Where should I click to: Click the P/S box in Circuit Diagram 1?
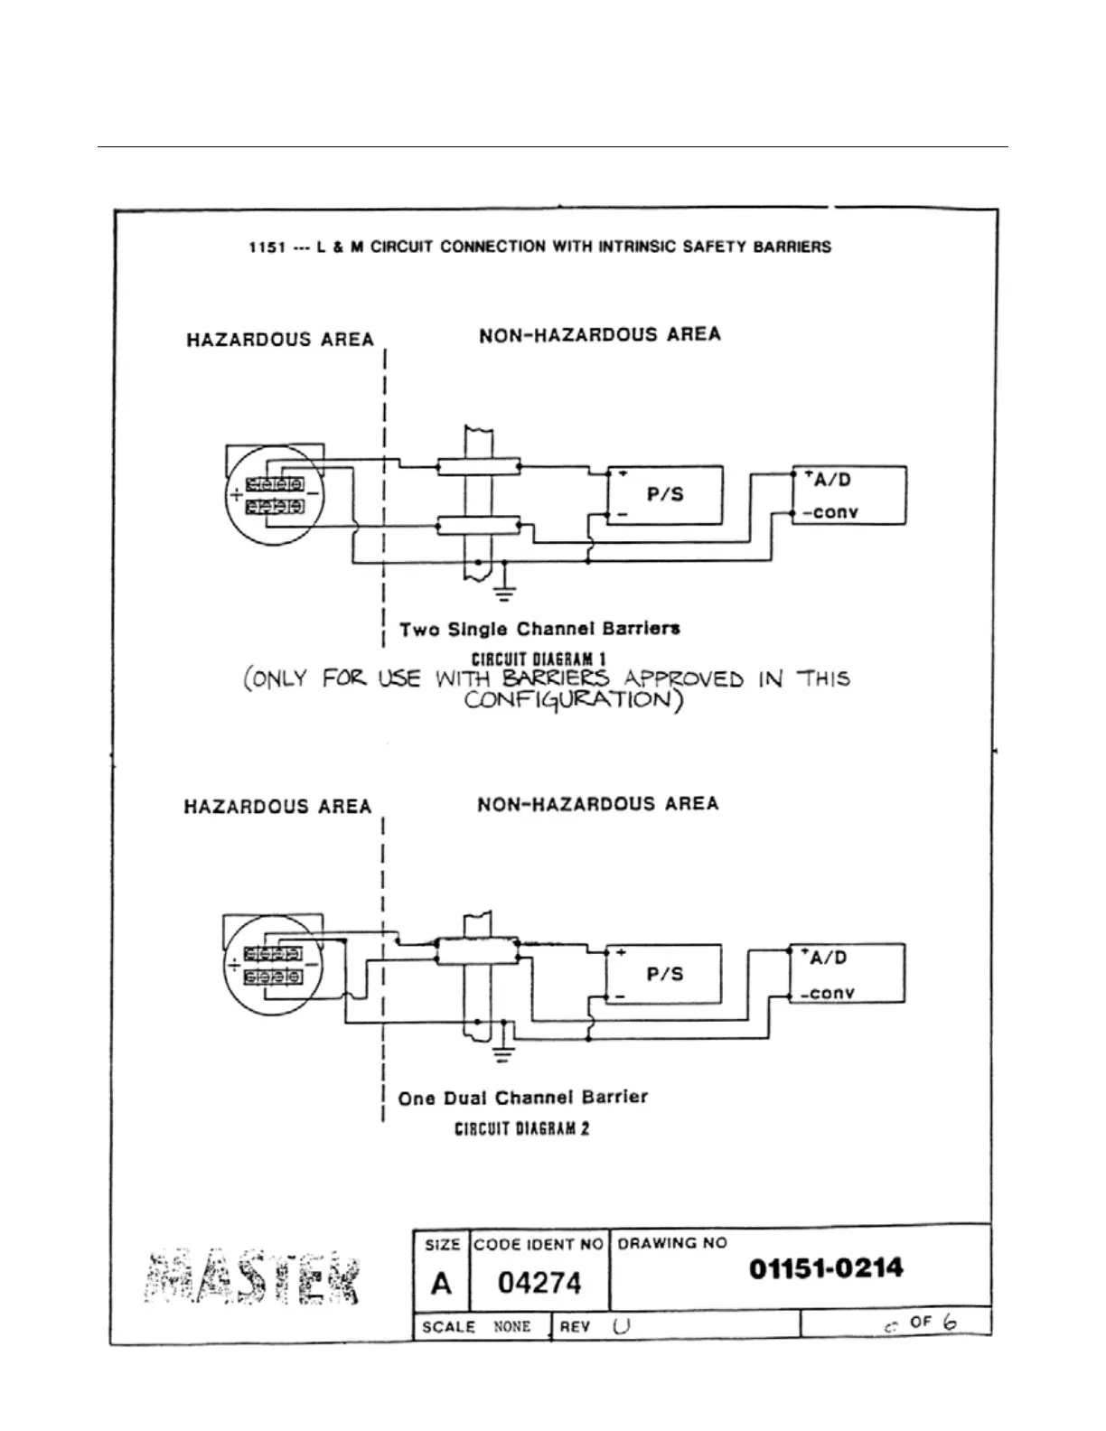665,495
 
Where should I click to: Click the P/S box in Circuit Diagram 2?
664,974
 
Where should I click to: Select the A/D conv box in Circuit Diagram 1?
849,495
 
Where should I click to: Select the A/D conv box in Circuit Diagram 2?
848,974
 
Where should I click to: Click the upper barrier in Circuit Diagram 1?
478,466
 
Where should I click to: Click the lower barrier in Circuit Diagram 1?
478,525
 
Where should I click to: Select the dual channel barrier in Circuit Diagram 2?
476,950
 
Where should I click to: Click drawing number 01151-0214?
826,1268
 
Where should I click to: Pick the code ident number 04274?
539,1283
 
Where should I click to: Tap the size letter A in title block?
441,1283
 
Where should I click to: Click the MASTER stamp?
252,1277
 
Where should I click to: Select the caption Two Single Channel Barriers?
539,629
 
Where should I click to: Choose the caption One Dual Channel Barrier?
522,1098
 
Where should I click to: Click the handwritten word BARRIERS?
556,678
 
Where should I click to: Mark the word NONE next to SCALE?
511,1326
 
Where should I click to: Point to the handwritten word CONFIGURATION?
572,701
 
